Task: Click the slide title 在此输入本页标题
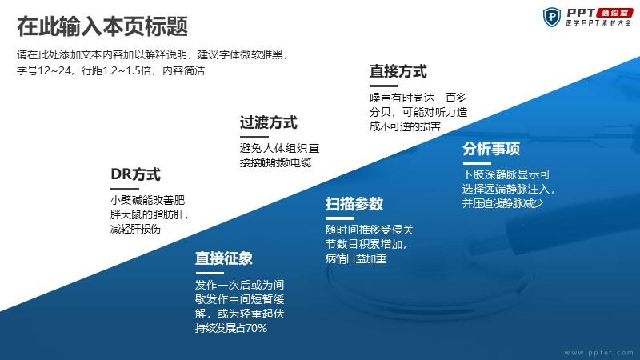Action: pyautogui.click(x=102, y=26)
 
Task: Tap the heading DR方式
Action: pyautogui.click(x=135, y=174)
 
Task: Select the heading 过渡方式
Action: pyautogui.click(x=268, y=122)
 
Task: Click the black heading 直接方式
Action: pyautogui.click(x=398, y=71)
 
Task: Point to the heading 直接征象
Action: pyautogui.click(x=224, y=258)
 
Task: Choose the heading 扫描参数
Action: pyautogui.click(x=354, y=204)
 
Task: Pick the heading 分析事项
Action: pyautogui.click(x=491, y=149)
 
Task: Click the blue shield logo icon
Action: pyautogui.click(x=552, y=17)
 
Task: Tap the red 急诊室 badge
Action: pyautogui.click(x=614, y=13)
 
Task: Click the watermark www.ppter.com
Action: pyautogui.click(x=598, y=353)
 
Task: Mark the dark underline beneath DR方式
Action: pyautogui.click(x=125, y=189)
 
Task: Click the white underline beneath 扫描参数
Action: pyautogui.click(x=339, y=218)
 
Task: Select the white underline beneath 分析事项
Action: pyautogui.click(x=476, y=163)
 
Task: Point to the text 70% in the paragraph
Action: pyautogui.click(x=257, y=328)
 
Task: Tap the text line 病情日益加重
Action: pyautogui.click(x=356, y=258)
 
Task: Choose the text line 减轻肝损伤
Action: pyautogui.click(x=135, y=229)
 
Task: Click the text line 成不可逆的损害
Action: pyautogui.click(x=405, y=126)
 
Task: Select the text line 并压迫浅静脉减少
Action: pyautogui.click(x=502, y=203)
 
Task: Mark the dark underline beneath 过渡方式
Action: pyautogui.click(x=254, y=137)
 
